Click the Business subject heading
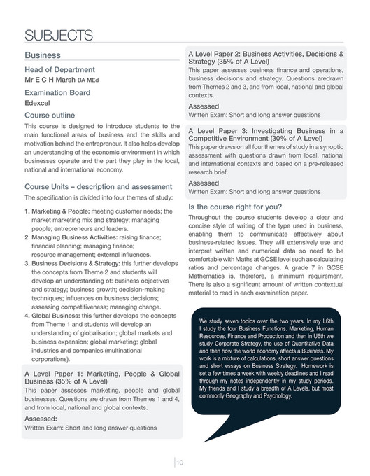pos(43,55)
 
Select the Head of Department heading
pos(59,69)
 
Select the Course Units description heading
pos(98,187)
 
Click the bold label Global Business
pos(59,315)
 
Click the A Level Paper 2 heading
pos(265,57)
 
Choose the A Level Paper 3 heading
pos(265,134)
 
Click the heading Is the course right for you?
pos(236,206)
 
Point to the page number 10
pos(180,461)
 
